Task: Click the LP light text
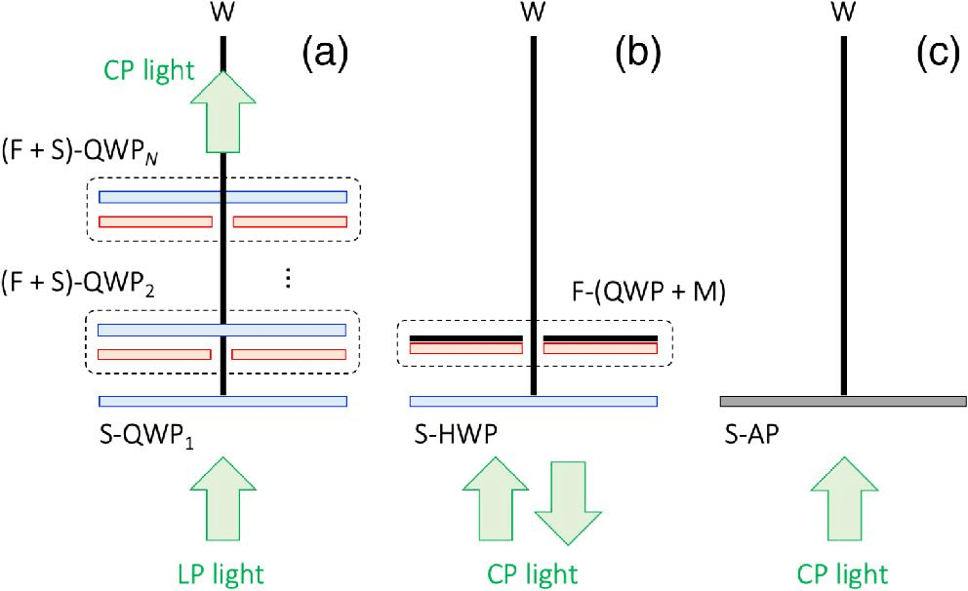223,571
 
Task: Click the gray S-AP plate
842,401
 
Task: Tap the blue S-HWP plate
533,401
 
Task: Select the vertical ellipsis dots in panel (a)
288,278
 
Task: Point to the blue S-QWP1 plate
223,401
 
